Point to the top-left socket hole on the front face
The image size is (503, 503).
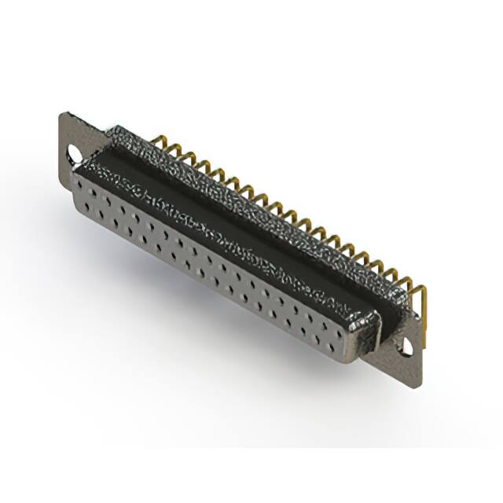[x=88, y=186]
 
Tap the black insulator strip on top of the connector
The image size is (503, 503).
[x=236, y=212]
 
